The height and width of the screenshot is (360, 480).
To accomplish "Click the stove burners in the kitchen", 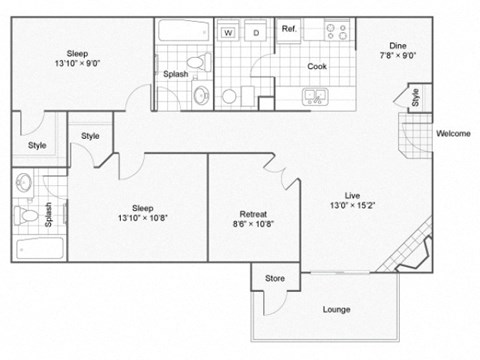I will pyautogui.click(x=337, y=31).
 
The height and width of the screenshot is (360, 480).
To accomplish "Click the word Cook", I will pyautogui.click(x=317, y=67).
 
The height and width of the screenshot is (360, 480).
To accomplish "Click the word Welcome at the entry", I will pyautogui.click(x=453, y=133).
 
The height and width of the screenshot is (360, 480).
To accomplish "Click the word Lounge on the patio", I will pyautogui.click(x=336, y=309).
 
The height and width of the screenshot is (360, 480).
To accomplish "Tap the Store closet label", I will pyautogui.click(x=275, y=279).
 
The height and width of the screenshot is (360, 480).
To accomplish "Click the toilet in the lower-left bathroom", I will pyautogui.click(x=29, y=214).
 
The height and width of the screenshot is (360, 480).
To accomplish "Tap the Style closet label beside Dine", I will pyautogui.click(x=414, y=100).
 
